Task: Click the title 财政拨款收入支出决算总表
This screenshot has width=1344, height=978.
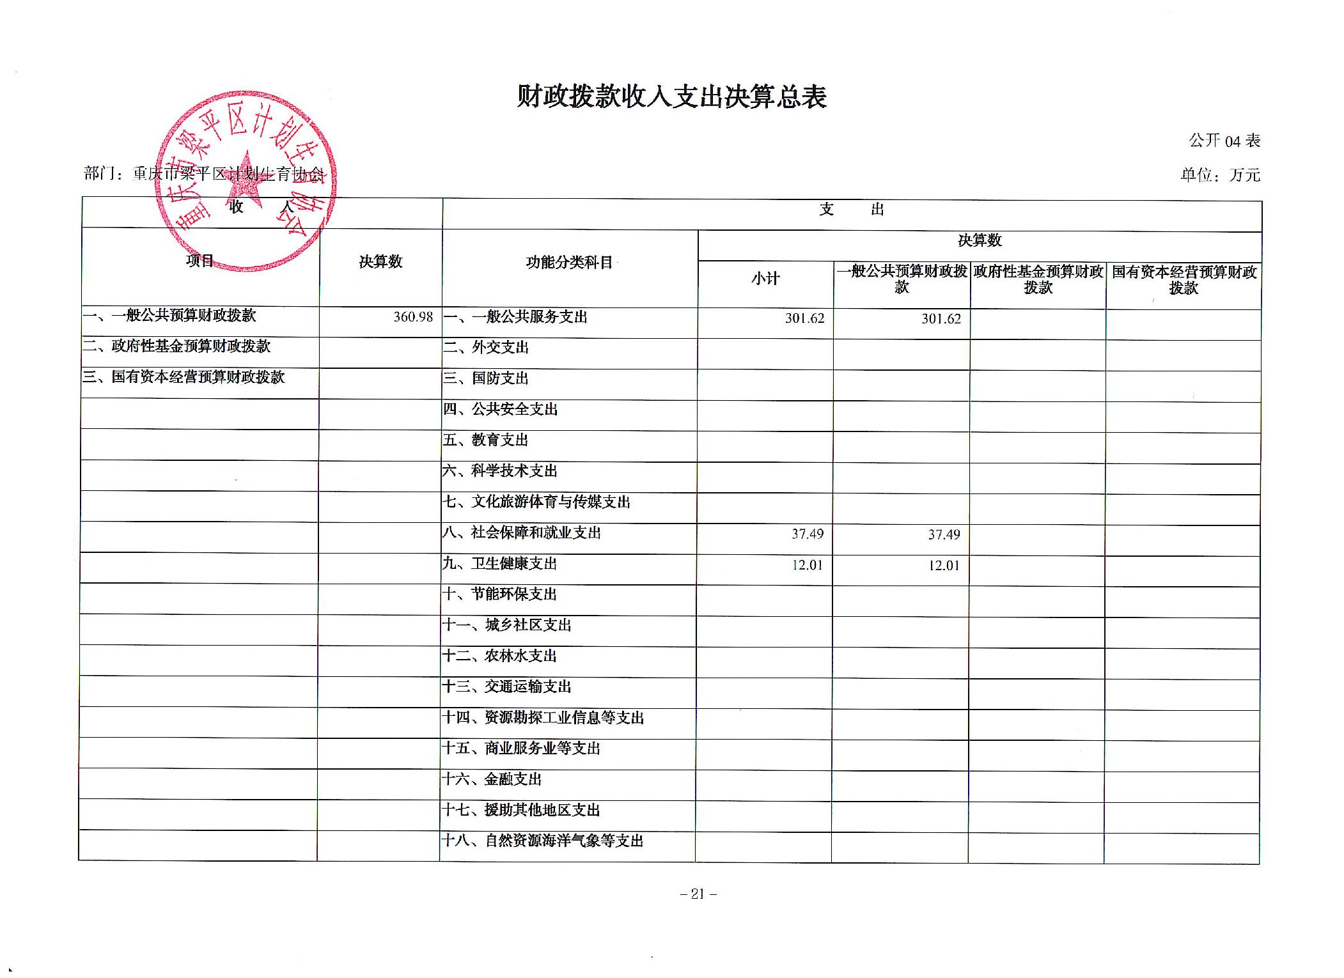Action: coord(671,97)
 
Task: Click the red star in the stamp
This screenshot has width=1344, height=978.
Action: coord(245,181)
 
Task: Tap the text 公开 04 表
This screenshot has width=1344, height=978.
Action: coord(1224,141)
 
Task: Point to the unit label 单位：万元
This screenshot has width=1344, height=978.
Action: coord(1220,175)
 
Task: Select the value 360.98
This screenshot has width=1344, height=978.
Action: coord(413,317)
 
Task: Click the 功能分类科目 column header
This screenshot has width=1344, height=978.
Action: coord(569,263)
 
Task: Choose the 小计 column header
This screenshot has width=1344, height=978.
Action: coord(765,279)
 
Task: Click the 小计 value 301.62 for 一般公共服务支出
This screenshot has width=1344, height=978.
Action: coord(804,318)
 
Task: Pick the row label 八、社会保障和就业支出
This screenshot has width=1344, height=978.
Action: coord(522,533)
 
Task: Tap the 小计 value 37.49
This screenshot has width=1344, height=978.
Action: coord(807,534)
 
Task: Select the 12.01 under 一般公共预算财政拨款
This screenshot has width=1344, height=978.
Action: coord(944,565)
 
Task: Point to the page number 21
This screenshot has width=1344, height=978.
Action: coord(698,894)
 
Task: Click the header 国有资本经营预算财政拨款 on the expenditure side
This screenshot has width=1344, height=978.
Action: coord(1184,280)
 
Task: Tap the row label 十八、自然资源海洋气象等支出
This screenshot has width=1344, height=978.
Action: coord(543,841)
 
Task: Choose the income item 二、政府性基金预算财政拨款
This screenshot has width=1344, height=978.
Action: coord(176,346)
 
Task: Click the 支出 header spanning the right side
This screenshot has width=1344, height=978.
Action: coord(851,210)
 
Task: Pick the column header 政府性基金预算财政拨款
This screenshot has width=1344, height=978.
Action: coord(1038,280)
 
